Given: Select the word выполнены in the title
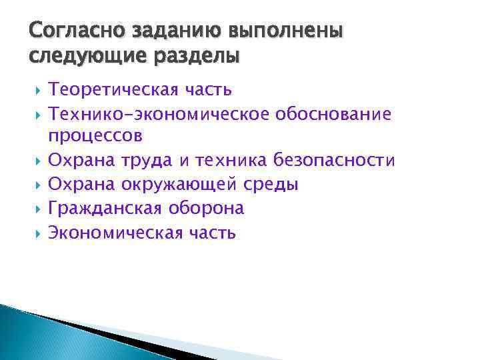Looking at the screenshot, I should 286,31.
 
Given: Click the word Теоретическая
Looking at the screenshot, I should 112,89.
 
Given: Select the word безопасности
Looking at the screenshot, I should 343,161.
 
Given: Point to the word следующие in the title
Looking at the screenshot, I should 81,55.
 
